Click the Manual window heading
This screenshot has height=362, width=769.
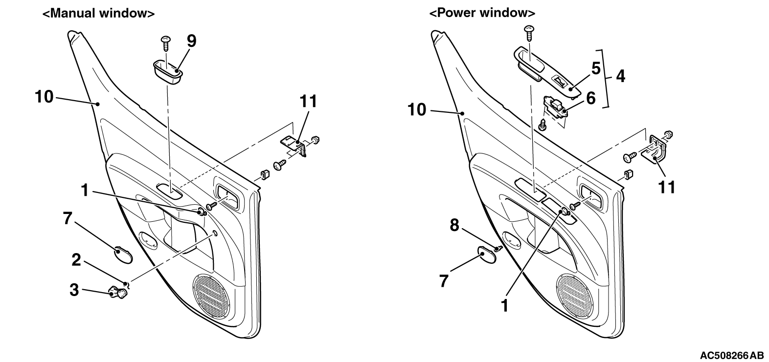98,13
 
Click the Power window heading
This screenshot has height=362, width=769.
482,13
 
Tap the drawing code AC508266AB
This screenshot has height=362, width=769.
731,355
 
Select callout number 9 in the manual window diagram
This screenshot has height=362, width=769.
191,41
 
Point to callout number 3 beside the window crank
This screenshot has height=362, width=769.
74,290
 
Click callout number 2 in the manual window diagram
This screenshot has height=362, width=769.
76,260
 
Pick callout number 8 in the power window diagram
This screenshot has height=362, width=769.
454,226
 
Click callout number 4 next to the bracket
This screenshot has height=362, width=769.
620,76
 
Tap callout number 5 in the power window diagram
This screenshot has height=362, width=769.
596,68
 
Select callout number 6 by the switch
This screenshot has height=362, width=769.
590,98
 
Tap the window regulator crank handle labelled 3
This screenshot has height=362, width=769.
118,293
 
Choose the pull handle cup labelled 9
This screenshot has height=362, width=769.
167,72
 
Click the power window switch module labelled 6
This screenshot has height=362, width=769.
554,107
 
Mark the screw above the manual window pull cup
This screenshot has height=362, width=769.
166,43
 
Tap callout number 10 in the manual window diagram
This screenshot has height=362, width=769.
45,97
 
